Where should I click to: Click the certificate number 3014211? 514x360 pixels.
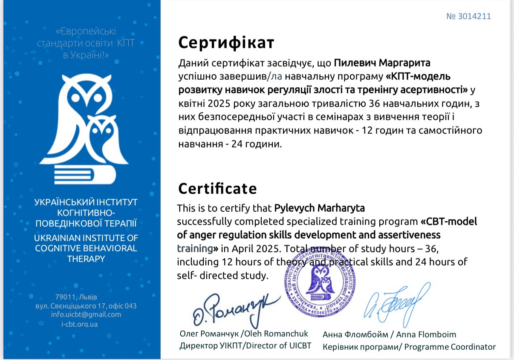468,16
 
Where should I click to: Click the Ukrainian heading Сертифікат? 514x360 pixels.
226,43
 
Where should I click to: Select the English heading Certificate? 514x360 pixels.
217,188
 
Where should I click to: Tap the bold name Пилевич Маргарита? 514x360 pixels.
382,63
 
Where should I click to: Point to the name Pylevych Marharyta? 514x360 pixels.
319,208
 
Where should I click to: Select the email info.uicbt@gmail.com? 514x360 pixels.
86,315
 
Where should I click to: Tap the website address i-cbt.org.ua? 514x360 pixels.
79,324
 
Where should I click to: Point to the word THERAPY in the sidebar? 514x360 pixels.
86,259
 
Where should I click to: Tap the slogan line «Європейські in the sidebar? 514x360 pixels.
86,31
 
